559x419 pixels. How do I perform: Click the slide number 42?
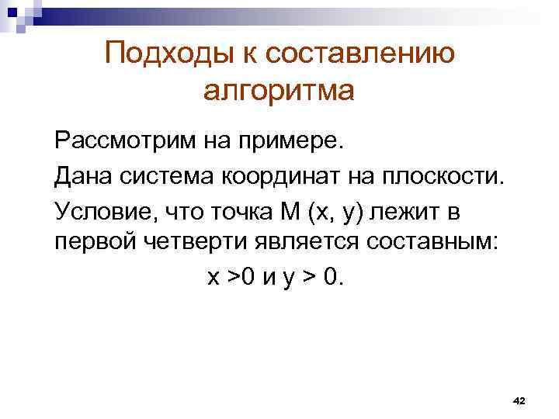pos(519,400)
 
